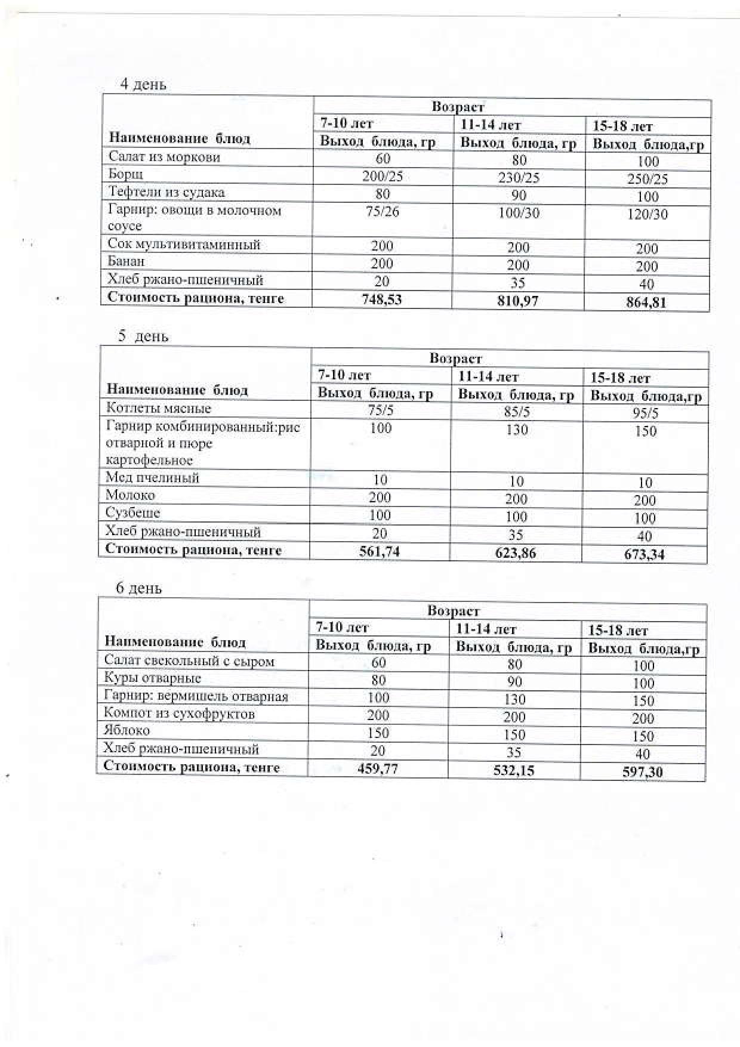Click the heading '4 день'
click(x=143, y=85)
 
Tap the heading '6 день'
click(x=138, y=588)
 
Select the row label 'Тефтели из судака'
click(x=166, y=192)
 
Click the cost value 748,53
click(x=382, y=299)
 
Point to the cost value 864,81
click(x=646, y=302)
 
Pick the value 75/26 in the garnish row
click(x=382, y=212)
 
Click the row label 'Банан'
click(x=127, y=261)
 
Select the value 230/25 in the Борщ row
click(x=519, y=178)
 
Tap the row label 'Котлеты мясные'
click(x=158, y=409)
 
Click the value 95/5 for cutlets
click(x=645, y=413)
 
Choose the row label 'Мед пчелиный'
click(x=152, y=477)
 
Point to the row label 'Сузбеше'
click(x=132, y=513)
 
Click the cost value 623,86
click(x=516, y=553)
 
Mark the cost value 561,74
click(x=380, y=551)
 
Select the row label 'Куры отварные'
click(x=152, y=678)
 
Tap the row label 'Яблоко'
click(x=127, y=730)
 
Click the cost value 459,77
click(x=377, y=768)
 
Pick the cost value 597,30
click(x=642, y=772)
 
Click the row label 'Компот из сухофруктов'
click(x=179, y=713)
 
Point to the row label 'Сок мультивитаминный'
click(x=184, y=245)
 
